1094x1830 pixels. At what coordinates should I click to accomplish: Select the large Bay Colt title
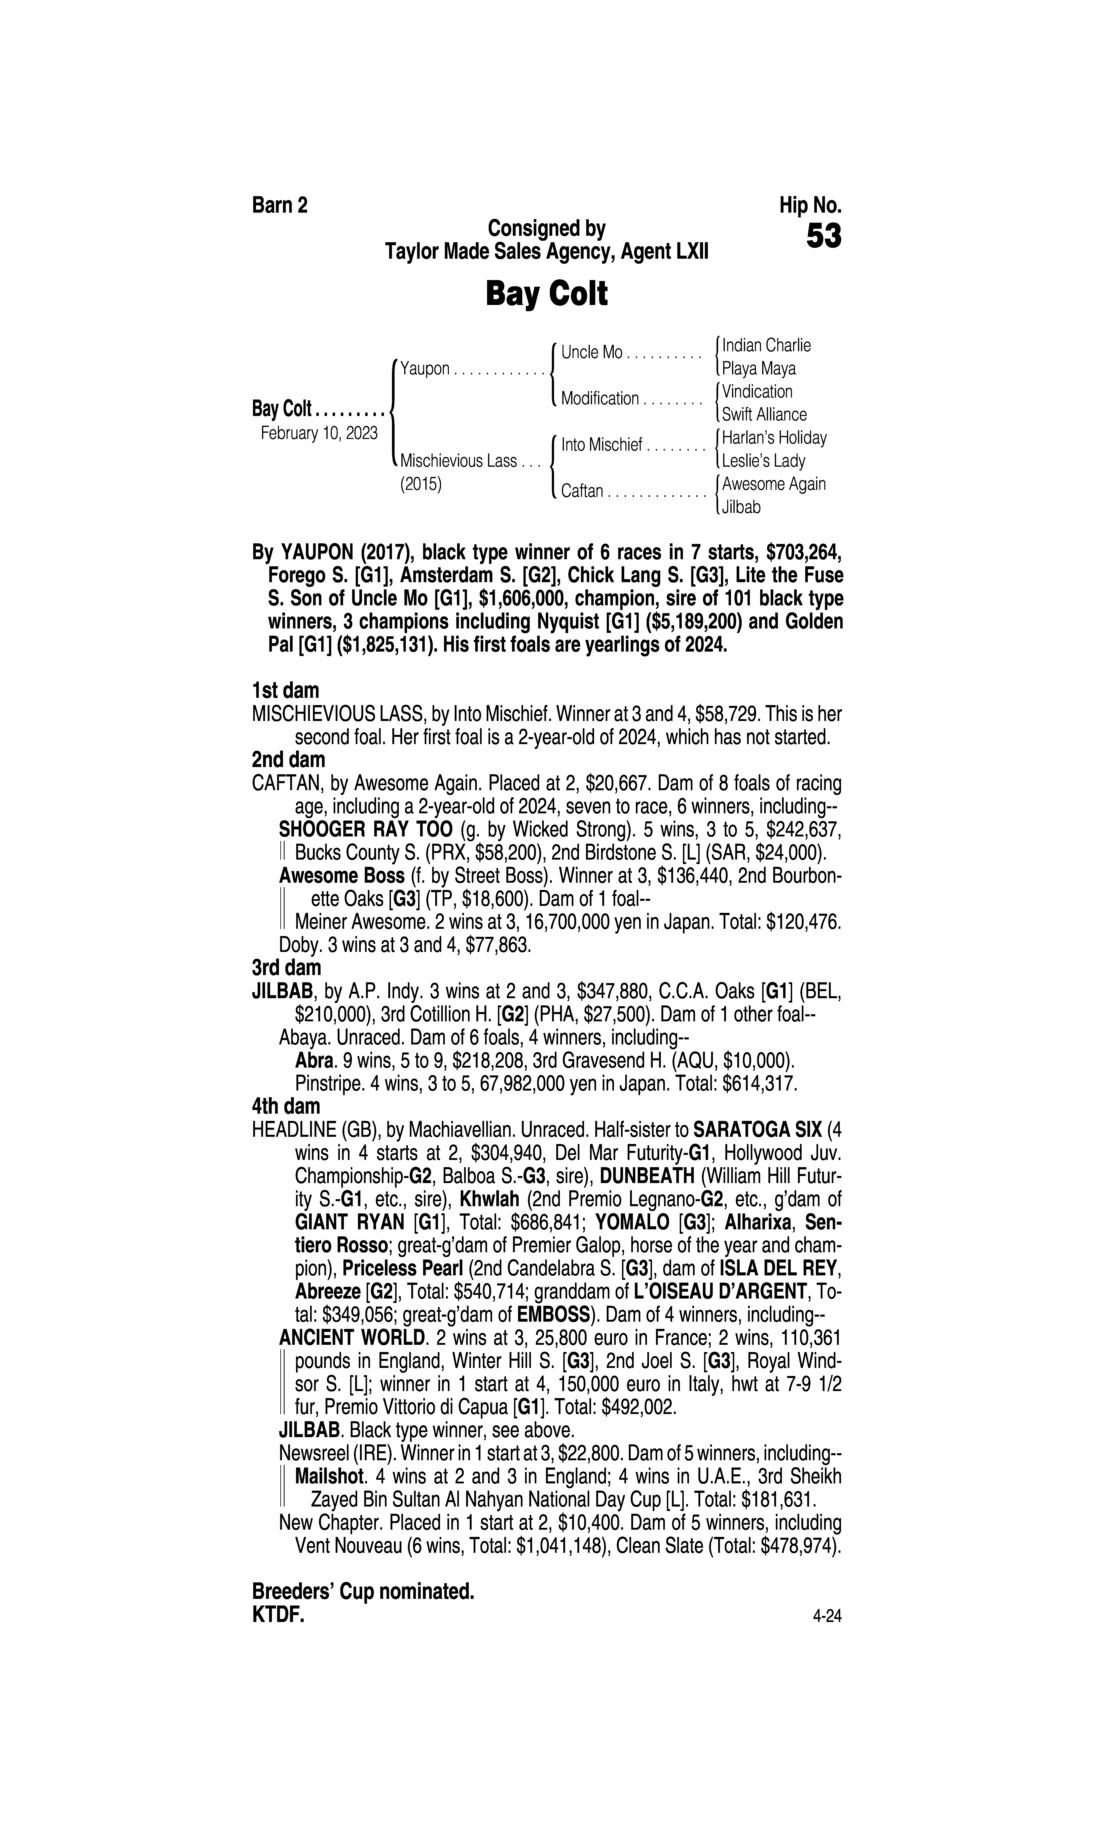coord(546,294)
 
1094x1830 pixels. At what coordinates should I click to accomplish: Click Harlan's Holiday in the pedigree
coord(774,438)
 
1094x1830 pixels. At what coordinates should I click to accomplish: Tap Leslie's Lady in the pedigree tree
coord(764,461)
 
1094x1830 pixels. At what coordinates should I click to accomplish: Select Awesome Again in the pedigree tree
coord(773,484)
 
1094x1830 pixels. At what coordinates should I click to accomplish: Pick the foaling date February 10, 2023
coord(319,433)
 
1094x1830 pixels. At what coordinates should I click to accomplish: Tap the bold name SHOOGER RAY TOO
coord(366,829)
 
